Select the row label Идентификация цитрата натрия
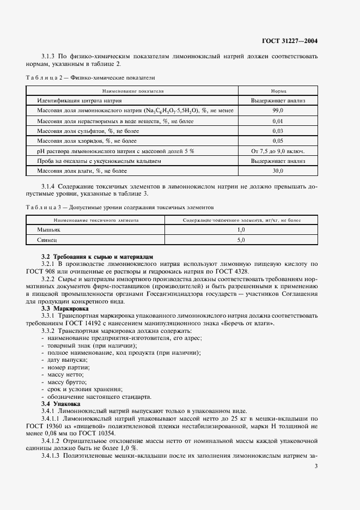[x=79, y=101]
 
